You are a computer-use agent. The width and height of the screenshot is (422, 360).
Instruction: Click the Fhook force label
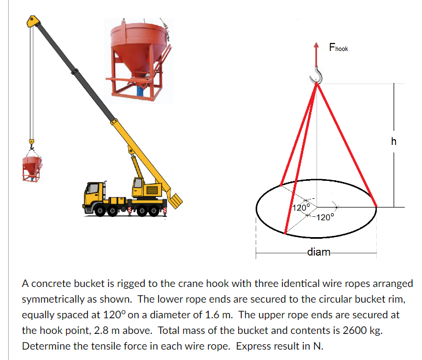[x=338, y=48]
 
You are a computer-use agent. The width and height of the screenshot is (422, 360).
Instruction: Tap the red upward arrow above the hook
[x=316, y=55]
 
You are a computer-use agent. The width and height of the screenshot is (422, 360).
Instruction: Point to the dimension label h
[x=394, y=141]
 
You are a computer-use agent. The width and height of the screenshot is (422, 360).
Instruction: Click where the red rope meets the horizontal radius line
[x=377, y=206]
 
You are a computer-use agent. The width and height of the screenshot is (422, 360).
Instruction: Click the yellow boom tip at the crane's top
[x=32, y=22]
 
